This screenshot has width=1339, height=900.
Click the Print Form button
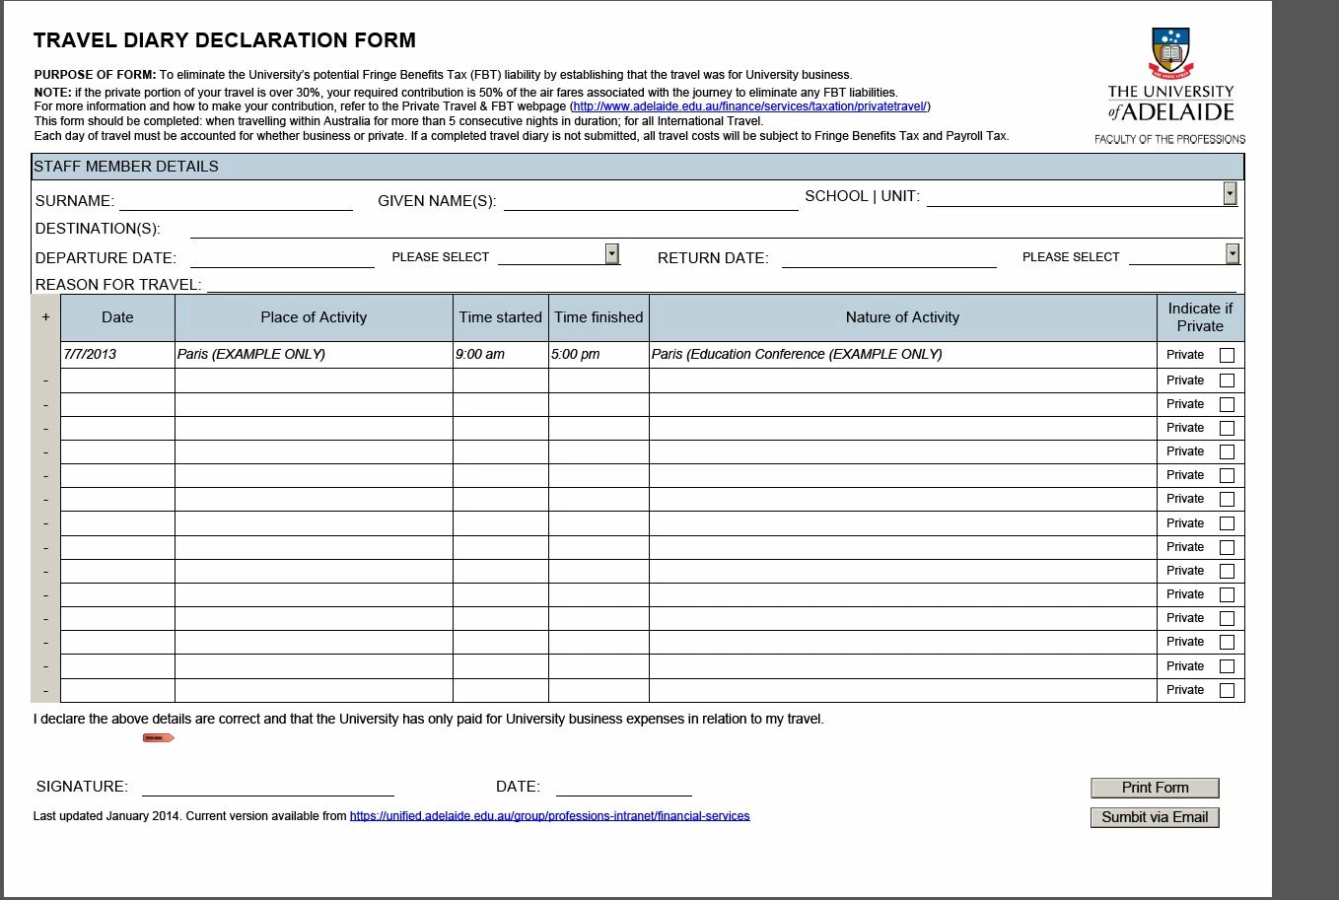coord(1155,788)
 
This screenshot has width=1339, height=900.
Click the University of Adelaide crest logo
coord(1170,53)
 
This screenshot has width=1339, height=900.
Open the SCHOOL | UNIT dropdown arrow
coord(1230,193)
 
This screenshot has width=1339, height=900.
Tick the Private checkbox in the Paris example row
coord(1227,355)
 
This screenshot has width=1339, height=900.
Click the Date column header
coord(117,317)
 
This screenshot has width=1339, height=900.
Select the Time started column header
coord(500,317)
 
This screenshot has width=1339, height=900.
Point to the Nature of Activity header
coord(902,317)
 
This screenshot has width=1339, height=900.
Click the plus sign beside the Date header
coord(45,317)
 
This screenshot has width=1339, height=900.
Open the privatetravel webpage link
coord(749,106)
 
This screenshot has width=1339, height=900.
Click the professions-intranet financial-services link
coord(549,816)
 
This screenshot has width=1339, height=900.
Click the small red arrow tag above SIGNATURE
coord(158,737)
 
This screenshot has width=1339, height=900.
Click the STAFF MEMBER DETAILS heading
coord(126,167)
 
